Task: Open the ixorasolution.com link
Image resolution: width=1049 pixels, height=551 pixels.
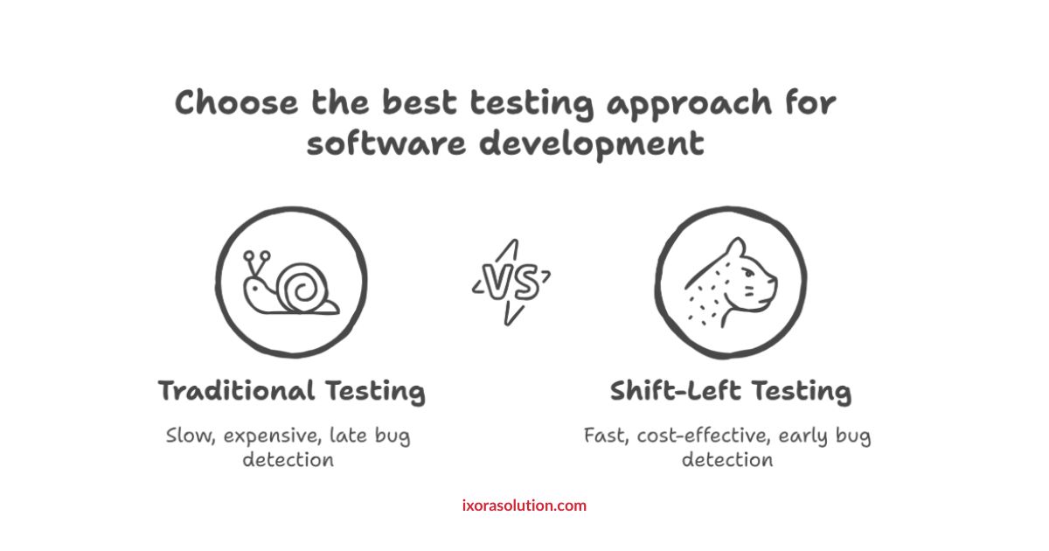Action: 524,506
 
